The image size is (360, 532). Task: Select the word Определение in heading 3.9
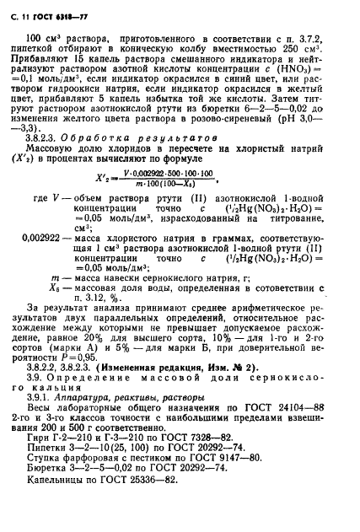pyautogui.click(x=102, y=404)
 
